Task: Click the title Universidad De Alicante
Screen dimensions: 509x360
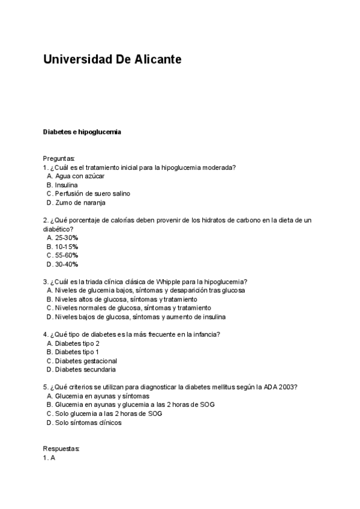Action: click(112, 60)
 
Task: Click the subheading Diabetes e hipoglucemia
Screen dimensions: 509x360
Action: click(82, 131)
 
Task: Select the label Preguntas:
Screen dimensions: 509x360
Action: click(59, 158)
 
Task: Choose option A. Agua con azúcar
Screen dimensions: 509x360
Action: click(76, 176)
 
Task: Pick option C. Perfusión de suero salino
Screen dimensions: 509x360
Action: click(88, 194)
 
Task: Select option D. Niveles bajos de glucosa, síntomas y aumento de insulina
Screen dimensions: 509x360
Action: click(136, 317)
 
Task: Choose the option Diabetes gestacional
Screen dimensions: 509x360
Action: click(86, 361)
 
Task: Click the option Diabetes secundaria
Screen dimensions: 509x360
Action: click(85, 370)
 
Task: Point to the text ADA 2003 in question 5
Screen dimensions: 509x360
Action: click(279, 387)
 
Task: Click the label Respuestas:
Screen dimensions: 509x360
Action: click(61, 449)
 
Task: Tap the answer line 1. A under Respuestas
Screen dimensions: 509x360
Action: click(49, 457)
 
